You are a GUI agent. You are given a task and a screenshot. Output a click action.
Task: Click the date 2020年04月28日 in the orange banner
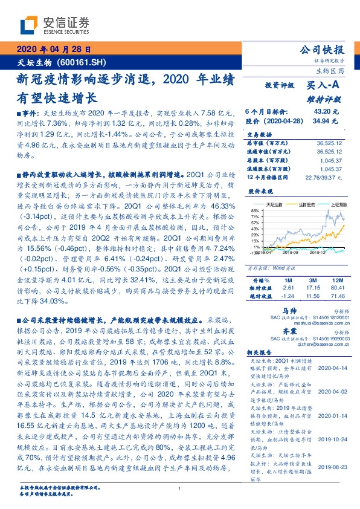point(54,49)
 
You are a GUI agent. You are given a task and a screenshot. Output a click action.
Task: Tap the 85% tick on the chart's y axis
point(256,210)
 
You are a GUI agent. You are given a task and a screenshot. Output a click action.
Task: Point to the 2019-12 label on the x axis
point(318,254)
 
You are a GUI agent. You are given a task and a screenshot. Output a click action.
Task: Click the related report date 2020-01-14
point(330,417)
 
